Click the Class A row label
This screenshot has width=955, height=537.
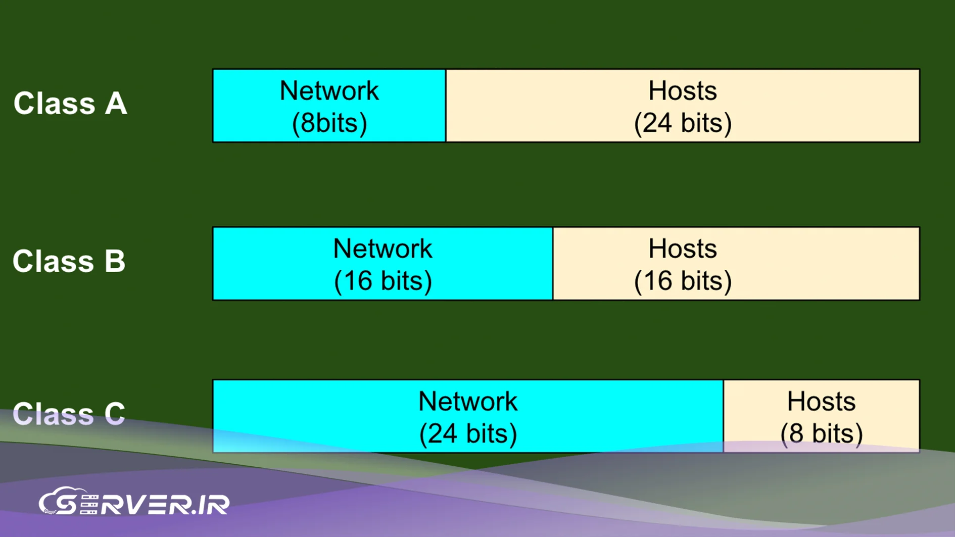(70, 104)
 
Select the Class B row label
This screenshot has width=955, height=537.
(69, 261)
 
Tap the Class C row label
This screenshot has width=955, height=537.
(69, 414)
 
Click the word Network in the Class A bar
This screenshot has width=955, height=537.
(329, 91)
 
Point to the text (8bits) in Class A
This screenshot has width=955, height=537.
(329, 123)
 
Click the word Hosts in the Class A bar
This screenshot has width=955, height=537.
(682, 91)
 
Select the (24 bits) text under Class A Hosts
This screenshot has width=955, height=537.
(683, 123)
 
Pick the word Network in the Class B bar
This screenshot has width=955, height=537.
(383, 249)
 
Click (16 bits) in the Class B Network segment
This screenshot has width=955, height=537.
(383, 280)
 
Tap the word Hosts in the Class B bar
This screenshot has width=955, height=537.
(682, 249)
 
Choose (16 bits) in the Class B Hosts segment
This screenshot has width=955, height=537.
(683, 280)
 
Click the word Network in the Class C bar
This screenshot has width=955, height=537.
(468, 402)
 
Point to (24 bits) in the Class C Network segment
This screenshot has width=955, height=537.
(468, 433)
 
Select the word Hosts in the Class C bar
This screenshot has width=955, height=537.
(821, 402)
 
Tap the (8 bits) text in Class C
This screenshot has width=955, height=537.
(821, 433)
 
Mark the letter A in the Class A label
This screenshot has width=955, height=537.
(116, 104)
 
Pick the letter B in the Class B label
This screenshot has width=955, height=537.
(115, 261)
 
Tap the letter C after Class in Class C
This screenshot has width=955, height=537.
(114, 414)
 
